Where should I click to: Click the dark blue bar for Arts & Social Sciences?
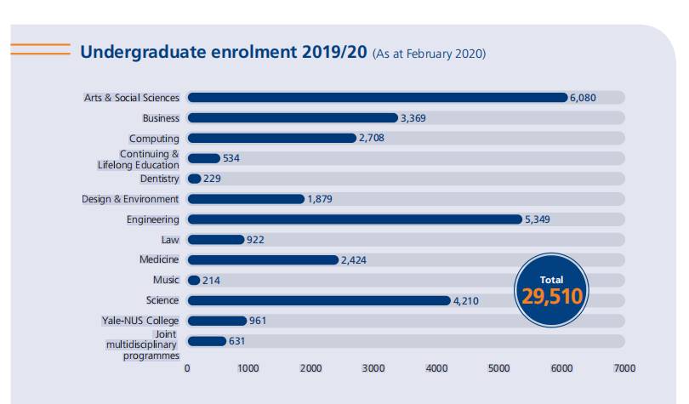pos(377,98)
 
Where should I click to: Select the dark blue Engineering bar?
pos(354,219)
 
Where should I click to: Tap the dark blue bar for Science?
pos(318,300)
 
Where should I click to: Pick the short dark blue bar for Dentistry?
pos(195,179)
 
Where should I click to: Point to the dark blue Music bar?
pos(194,280)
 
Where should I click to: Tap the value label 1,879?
pos(321,199)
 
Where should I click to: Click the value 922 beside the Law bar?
pos(256,240)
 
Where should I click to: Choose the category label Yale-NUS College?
pos(140,321)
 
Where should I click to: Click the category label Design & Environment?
pos(130,199)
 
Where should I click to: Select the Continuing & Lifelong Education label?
pos(139,159)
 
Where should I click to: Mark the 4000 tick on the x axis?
pos(436,368)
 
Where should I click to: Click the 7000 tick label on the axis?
pos(624,368)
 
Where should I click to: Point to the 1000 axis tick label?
pos(249,368)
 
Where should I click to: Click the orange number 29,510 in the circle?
pos(551,297)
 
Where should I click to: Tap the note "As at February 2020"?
pos(429,54)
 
